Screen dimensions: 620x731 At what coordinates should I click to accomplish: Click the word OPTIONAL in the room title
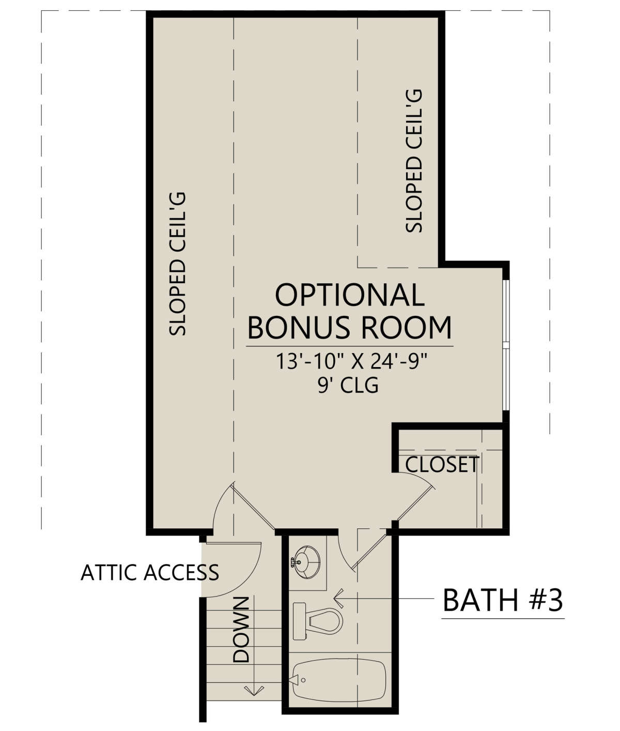point(350,295)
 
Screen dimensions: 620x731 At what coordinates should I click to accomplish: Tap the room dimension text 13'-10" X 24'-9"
point(351,361)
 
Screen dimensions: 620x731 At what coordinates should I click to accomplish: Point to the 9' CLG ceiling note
point(348,385)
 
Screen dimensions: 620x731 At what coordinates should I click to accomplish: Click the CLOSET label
point(442,464)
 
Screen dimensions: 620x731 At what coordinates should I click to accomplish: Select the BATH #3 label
point(503,600)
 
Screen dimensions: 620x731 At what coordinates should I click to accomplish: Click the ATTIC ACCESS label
point(150,573)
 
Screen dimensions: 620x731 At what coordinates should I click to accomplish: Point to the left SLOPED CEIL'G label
point(177,264)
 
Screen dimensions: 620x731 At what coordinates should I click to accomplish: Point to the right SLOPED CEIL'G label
point(413,161)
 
